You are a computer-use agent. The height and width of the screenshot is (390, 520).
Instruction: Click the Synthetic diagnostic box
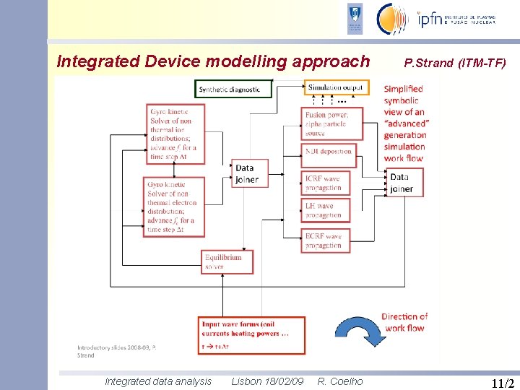(x=233, y=89)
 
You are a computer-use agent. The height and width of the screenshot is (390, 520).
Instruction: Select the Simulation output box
(x=336, y=88)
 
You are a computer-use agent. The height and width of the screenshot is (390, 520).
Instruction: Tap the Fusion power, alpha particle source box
(x=326, y=123)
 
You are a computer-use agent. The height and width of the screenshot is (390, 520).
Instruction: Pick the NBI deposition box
(x=326, y=152)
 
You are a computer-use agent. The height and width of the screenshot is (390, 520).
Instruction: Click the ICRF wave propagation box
(x=326, y=183)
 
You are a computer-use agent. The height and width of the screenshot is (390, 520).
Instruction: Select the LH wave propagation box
(x=326, y=210)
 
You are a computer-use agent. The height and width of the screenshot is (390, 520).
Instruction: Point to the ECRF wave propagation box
(x=326, y=240)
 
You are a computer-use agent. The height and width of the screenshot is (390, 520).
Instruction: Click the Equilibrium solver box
(x=227, y=261)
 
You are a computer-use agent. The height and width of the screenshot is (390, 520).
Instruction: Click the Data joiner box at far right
(x=404, y=183)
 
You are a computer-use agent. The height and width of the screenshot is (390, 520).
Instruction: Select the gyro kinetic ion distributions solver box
(x=175, y=133)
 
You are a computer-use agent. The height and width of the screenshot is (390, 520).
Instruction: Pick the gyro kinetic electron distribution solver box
(x=175, y=207)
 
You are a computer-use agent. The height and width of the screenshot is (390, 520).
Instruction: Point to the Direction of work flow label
(x=404, y=322)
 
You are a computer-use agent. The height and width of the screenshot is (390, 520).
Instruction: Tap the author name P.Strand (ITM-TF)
(x=455, y=63)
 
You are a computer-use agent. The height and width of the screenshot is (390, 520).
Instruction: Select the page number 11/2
(x=502, y=382)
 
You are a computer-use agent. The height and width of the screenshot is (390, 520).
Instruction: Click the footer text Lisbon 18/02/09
(x=267, y=381)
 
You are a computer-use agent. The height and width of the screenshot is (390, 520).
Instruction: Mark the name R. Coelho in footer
(x=340, y=381)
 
